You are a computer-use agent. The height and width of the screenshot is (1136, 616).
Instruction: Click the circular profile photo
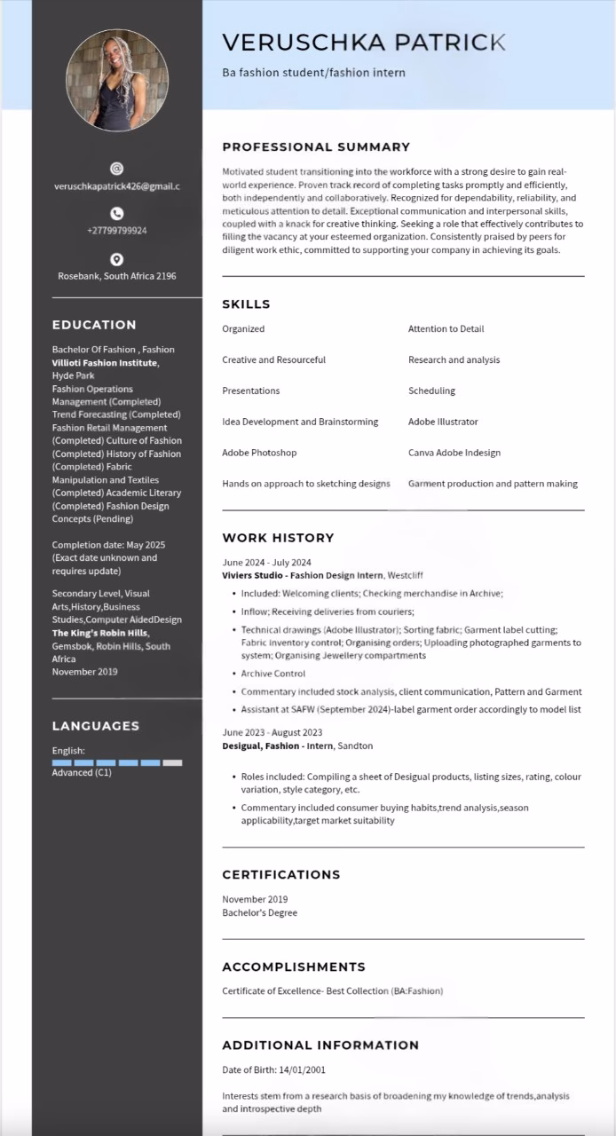pyautogui.click(x=116, y=80)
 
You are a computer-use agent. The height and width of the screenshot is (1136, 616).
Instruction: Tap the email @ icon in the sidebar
pyautogui.click(x=116, y=168)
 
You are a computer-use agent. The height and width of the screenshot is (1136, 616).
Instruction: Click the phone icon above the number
pyautogui.click(x=116, y=213)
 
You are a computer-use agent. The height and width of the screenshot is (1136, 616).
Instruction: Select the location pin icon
pyautogui.click(x=116, y=259)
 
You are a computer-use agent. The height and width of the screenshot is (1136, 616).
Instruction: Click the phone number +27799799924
pyautogui.click(x=116, y=231)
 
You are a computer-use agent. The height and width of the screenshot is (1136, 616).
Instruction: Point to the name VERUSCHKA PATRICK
pyautogui.click(x=364, y=42)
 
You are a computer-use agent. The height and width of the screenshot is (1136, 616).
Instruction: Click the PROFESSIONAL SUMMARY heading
pyautogui.click(x=316, y=147)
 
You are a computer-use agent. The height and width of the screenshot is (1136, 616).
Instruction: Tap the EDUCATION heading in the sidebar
pyautogui.click(x=94, y=325)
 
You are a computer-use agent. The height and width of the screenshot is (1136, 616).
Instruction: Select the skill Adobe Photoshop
pyautogui.click(x=259, y=453)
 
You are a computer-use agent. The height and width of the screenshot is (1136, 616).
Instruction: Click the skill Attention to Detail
pyautogui.click(x=446, y=329)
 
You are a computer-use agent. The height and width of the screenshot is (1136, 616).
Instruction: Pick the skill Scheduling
pyautogui.click(x=431, y=390)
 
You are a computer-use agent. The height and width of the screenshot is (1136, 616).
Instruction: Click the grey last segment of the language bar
pyautogui.click(x=172, y=762)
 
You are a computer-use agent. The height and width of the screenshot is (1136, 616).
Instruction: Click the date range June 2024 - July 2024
pyautogui.click(x=266, y=563)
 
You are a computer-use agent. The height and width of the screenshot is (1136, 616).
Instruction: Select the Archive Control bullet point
pyautogui.click(x=272, y=674)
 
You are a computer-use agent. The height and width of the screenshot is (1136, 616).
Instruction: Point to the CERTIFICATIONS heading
pyautogui.click(x=281, y=874)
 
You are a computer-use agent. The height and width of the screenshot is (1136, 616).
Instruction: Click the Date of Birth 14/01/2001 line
pyautogui.click(x=273, y=1070)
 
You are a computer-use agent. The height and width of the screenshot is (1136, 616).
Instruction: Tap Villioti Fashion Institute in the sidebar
pyautogui.click(x=105, y=363)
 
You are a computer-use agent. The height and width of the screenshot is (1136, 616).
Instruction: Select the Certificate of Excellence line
pyautogui.click(x=332, y=990)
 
